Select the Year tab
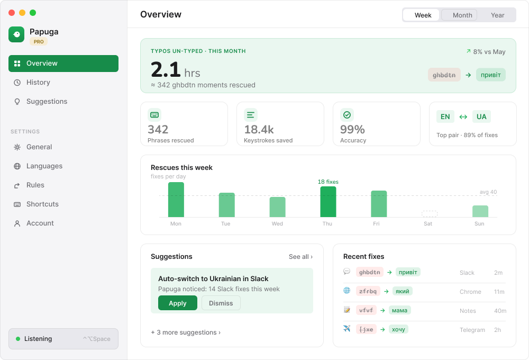(497, 15)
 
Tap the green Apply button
(177, 303)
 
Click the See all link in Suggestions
(300, 257)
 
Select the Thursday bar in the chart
(328, 202)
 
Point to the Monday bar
(176, 200)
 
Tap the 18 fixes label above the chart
(328, 182)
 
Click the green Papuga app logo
(16, 34)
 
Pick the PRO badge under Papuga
(39, 41)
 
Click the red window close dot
(12, 13)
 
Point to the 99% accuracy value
(352, 129)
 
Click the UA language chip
(481, 117)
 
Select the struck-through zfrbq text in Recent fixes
(368, 291)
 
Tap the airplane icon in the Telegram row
(347, 329)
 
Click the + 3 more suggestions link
(186, 332)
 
